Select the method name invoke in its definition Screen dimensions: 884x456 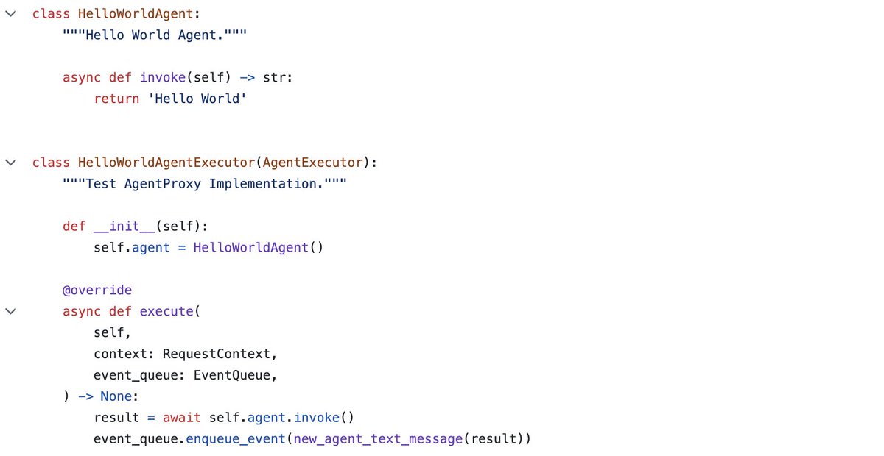click(163, 77)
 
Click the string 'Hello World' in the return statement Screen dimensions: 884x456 click(197, 99)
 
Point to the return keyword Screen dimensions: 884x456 click(116, 99)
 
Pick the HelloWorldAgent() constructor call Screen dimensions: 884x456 click(259, 248)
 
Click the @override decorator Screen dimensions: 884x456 click(97, 290)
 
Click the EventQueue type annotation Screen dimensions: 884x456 click(232, 375)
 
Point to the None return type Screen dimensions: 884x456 click(116, 396)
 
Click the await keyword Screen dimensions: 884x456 click(182, 418)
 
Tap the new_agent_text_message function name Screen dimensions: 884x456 click(379, 439)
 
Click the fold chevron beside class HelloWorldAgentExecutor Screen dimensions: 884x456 click(10, 163)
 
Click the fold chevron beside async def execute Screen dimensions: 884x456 click(10, 311)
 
